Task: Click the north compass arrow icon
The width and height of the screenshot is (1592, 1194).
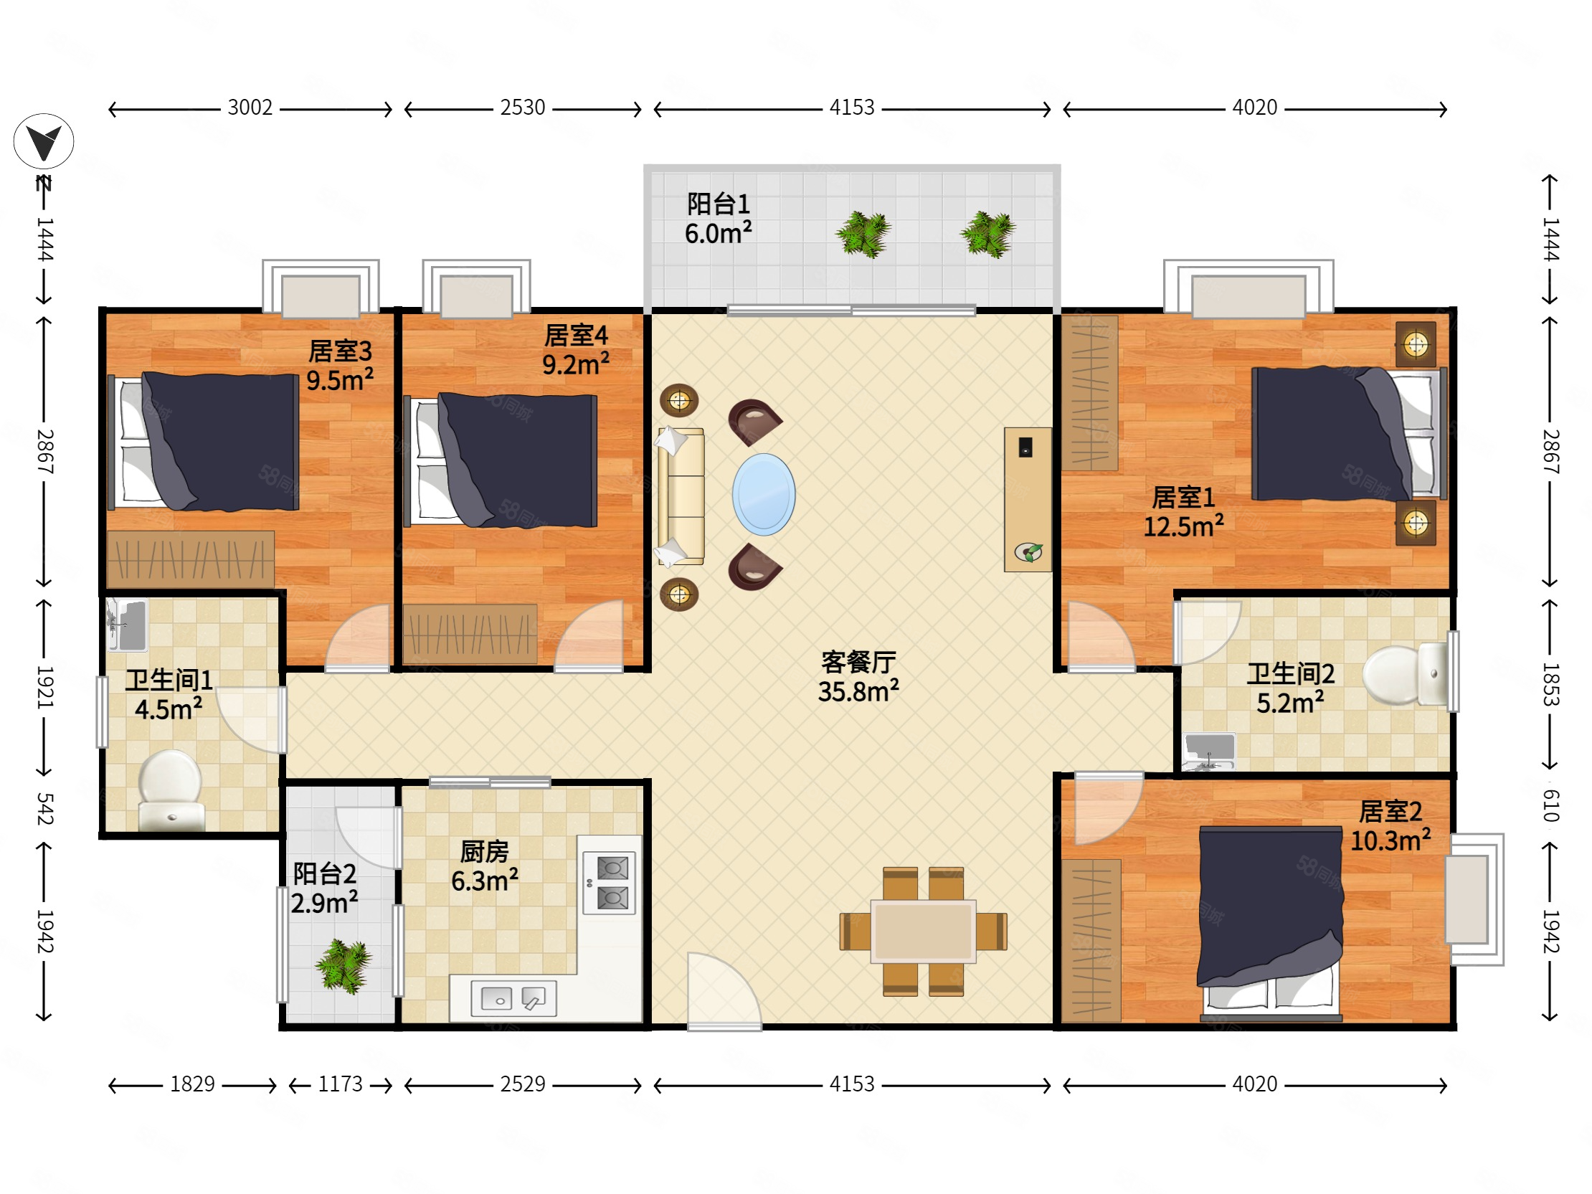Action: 43,141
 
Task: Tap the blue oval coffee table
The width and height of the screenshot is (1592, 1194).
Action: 764,494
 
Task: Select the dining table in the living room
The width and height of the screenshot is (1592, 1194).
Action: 924,932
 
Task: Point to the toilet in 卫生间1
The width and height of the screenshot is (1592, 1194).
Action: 171,790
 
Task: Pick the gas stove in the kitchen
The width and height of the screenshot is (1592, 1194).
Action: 610,883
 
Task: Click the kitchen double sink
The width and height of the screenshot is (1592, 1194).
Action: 514,998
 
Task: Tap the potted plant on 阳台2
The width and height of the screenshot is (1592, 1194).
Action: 343,967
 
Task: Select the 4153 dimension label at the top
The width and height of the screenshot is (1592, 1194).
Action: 852,108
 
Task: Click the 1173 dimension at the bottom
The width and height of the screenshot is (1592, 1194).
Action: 341,1084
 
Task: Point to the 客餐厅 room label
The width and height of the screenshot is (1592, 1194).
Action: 858,661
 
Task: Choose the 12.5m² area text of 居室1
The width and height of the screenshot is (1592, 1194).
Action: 1184,526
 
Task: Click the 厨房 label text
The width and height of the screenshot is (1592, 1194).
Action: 484,852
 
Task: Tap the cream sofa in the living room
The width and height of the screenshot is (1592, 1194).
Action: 680,496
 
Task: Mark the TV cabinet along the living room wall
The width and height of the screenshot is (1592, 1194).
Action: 1028,500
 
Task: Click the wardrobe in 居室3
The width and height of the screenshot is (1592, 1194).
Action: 191,559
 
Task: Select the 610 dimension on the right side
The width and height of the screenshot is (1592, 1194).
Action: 1551,805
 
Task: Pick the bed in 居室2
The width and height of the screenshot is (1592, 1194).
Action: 1270,924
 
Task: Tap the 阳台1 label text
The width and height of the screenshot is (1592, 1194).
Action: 719,204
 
